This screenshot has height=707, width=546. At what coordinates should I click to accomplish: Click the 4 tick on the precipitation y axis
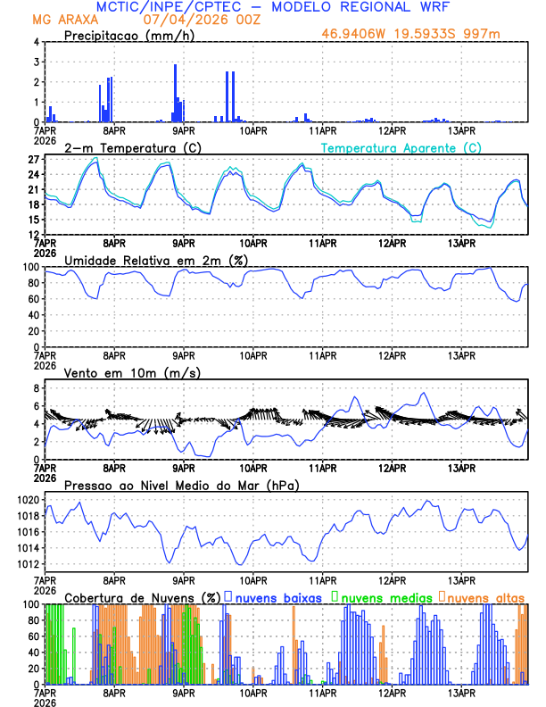(36, 42)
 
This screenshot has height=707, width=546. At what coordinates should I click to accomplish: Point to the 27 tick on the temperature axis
(33, 160)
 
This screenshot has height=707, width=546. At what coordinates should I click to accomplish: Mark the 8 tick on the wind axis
(36, 388)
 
